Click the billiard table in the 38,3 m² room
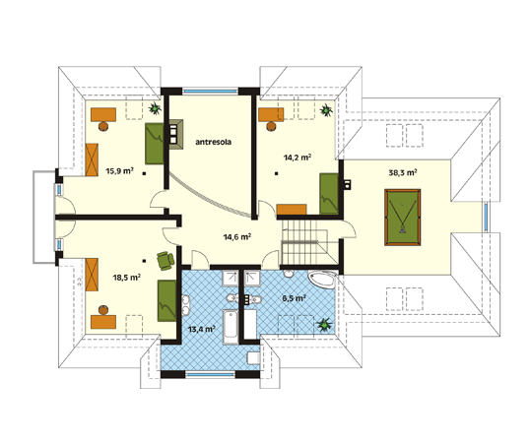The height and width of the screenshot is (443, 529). coord(403,218)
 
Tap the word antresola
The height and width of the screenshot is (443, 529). coord(214,142)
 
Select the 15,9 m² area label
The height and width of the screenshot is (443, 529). coord(120,171)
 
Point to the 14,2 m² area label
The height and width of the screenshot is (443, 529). coord(298,158)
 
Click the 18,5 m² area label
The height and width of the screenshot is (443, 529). coord(126,278)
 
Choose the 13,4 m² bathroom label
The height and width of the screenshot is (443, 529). coord(202,329)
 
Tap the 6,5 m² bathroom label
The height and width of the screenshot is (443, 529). coord(294,298)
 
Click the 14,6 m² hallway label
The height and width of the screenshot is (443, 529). coord(237,237)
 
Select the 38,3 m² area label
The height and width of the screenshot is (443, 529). coord(403,173)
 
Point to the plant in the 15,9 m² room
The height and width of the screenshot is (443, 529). coord(155,108)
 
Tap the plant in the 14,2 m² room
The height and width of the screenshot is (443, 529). coord(326,110)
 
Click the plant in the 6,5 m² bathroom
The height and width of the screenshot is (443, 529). coord(324,325)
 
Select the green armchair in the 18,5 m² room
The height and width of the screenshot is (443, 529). coord(165,261)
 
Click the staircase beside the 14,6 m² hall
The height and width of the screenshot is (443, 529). coord(304,242)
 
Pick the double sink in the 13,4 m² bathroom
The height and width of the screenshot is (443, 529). coord(186,305)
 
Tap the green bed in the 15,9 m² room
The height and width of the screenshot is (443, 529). coord(155,144)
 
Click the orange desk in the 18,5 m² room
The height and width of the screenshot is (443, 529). coord(103,322)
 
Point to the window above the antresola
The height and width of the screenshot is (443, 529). coord(211,91)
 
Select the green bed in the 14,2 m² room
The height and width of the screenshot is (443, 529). coord(329,194)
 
